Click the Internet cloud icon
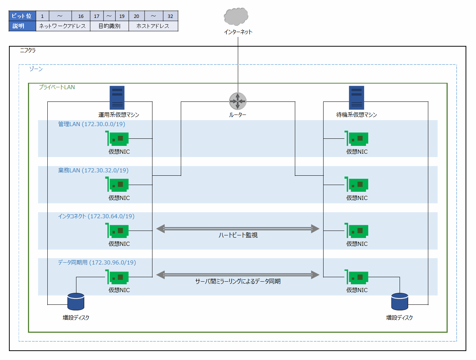point(236,16)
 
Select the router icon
point(238,101)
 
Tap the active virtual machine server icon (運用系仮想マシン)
point(117,98)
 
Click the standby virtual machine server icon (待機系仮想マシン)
point(356,98)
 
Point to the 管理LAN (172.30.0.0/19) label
point(92,124)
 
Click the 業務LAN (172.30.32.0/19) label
point(93,170)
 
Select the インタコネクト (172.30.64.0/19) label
point(96,216)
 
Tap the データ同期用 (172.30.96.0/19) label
point(97,263)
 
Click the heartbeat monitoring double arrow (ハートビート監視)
point(238,229)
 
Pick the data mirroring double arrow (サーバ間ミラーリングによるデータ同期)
point(238,275)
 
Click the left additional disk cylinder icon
point(76,302)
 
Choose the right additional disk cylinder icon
point(400,302)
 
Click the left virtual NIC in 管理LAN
point(118,138)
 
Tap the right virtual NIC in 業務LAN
point(357,185)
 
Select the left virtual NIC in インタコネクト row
point(118,231)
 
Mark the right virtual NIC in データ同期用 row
point(357,277)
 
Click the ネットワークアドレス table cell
point(63,26)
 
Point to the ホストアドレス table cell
point(153,26)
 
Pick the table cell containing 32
point(170,16)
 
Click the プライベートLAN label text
point(57,87)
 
